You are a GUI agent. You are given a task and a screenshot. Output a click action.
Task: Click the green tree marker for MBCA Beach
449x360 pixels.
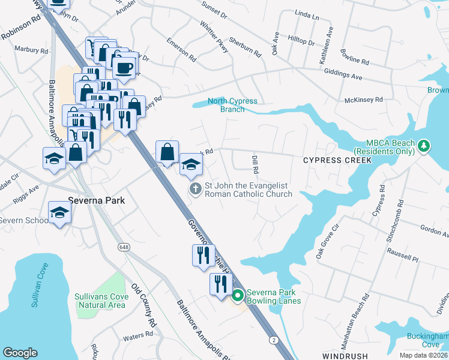coord(424,146)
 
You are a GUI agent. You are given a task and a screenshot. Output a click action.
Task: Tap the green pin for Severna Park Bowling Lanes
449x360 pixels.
coord(238,295)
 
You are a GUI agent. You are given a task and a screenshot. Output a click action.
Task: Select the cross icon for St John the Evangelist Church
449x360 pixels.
coord(195,189)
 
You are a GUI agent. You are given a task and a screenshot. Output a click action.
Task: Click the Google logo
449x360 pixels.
coord(20,353)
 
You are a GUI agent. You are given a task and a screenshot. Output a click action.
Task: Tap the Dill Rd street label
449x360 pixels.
coord(255,163)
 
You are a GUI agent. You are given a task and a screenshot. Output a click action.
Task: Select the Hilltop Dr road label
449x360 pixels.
coord(303,41)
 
